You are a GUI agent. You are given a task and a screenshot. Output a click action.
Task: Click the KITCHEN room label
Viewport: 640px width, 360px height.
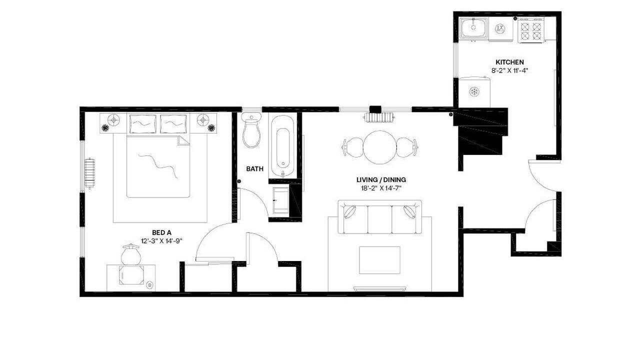point(509,62)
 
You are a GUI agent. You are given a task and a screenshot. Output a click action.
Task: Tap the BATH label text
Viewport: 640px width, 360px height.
point(254,169)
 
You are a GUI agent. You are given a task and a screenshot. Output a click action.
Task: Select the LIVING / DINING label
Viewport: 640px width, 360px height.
point(381,179)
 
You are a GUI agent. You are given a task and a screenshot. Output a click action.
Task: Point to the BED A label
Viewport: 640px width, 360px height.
point(161,232)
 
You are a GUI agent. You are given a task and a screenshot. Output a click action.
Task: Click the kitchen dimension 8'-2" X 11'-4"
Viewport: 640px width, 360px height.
point(509,70)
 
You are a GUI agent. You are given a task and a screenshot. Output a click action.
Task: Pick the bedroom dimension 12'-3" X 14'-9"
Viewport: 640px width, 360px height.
point(161,241)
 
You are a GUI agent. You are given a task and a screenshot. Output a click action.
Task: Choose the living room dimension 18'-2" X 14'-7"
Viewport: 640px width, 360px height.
point(381,188)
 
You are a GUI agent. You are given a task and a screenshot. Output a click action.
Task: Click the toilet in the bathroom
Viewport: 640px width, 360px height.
point(251,130)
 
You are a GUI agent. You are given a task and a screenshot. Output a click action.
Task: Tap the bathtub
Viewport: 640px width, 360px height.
point(282,147)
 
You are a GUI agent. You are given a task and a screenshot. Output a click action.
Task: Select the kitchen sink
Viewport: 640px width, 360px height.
point(473,27)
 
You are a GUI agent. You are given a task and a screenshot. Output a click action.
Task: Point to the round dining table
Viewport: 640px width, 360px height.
point(379,147)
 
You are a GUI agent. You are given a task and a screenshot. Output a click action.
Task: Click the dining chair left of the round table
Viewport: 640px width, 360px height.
point(353,147)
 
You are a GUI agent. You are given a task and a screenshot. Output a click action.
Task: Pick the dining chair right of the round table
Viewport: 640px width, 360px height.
point(407,147)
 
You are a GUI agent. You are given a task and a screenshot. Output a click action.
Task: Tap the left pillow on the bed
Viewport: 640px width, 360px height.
point(143,123)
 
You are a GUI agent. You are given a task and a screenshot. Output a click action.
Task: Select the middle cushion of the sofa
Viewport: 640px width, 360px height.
point(379,219)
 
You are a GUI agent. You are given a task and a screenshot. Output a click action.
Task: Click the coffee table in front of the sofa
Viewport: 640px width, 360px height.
point(379,260)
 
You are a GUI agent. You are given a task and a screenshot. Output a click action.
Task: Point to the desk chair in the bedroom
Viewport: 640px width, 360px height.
point(131,254)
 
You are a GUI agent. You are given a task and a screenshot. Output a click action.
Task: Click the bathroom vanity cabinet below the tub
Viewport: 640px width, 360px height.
point(281,200)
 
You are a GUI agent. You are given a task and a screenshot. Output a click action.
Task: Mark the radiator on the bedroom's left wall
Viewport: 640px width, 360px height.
point(89,173)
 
